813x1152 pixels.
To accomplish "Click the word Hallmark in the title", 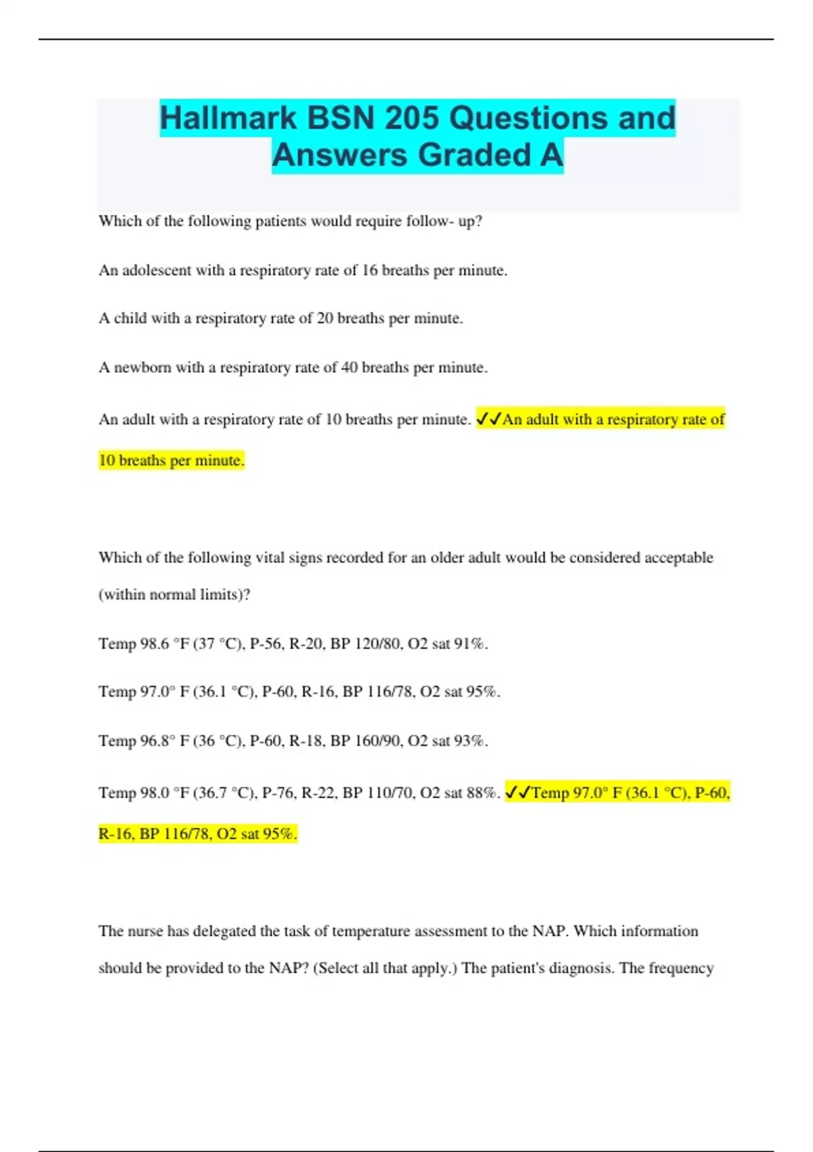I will tap(228, 118).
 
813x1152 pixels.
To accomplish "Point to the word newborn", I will tap(142, 367).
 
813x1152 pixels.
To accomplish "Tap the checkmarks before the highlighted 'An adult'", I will tap(488, 419).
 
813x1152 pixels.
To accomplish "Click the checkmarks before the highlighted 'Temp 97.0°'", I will tap(518, 792).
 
